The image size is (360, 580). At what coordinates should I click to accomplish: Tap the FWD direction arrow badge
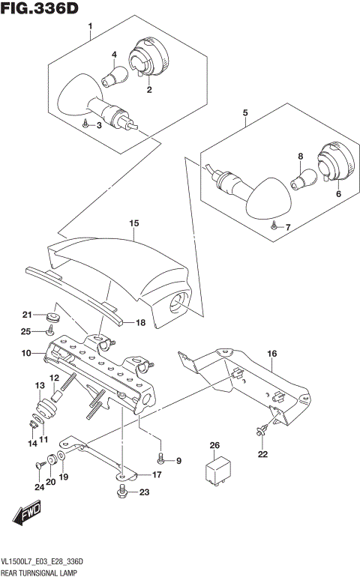[27, 516]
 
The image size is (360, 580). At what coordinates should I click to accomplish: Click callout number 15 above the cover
[133, 223]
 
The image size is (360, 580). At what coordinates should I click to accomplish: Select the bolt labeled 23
[121, 492]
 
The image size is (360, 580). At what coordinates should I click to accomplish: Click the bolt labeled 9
[161, 459]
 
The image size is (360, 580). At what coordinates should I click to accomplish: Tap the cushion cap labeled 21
[52, 315]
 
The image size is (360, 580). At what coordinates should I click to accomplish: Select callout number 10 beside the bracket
[25, 352]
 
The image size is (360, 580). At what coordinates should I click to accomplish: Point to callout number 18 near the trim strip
[139, 323]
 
